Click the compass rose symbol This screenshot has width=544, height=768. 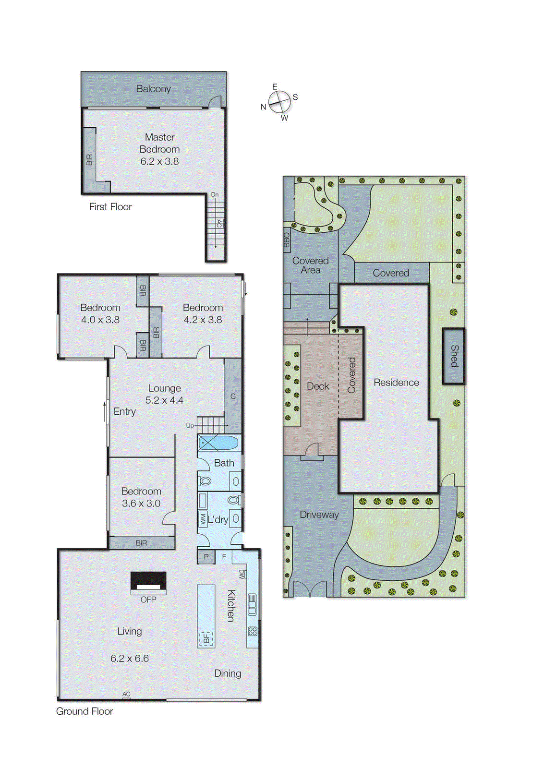pyautogui.click(x=279, y=102)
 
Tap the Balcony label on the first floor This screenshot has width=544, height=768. pyautogui.click(x=153, y=89)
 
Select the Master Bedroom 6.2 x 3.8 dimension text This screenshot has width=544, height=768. pyautogui.click(x=159, y=162)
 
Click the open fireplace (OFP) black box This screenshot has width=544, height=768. pyautogui.click(x=148, y=581)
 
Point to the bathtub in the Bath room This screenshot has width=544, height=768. pyautogui.click(x=219, y=443)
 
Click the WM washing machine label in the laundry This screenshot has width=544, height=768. pyautogui.click(x=203, y=519)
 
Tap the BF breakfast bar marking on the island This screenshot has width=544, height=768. pyautogui.click(x=206, y=639)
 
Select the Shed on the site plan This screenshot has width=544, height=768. pyautogui.click(x=453, y=356)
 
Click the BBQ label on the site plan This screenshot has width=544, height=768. pyautogui.click(x=287, y=240)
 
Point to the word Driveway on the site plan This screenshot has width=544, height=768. pyautogui.click(x=319, y=515)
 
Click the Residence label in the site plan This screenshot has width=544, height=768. pyautogui.click(x=396, y=383)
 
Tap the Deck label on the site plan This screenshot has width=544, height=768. pyautogui.click(x=318, y=386)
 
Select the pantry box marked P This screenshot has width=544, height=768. pyautogui.click(x=206, y=557)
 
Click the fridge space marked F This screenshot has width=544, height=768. pyautogui.click(x=224, y=557)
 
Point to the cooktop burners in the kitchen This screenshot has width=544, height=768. pyautogui.click(x=253, y=632)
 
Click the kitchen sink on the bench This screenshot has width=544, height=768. pyautogui.click(x=252, y=604)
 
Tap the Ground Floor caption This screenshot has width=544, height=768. pyautogui.click(x=85, y=711)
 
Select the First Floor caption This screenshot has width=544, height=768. pyautogui.click(x=110, y=207)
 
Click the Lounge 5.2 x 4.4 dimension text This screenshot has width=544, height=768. pyautogui.click(x=164, y=400)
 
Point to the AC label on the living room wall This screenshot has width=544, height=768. pyautogui.click(x=126, y=694)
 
